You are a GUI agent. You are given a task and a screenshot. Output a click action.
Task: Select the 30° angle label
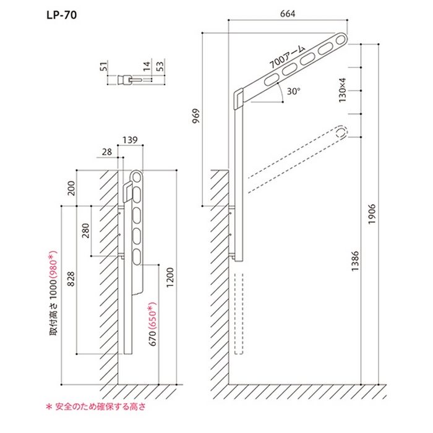click(x=293, y=91)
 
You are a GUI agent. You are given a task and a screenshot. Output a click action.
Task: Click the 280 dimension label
click(x=85, y=229)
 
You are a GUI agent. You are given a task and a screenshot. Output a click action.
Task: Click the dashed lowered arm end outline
click(x=340, y=132)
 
